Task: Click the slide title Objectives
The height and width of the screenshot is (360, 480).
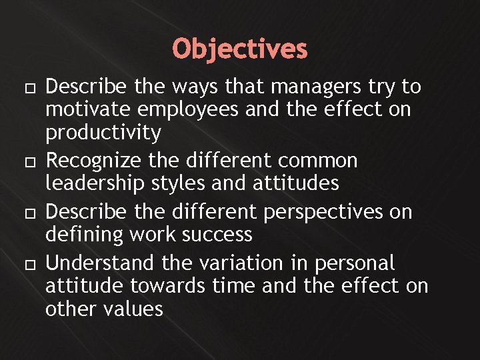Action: pyautogui.click(x=240, y=49)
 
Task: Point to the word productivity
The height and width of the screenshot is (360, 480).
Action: pyautogui.click(x=103, y=133)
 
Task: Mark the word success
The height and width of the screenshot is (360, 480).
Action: pyautogui.click(x=219, y=235)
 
